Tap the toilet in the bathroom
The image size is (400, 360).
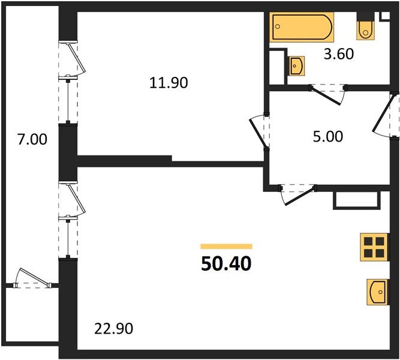click(365, 28)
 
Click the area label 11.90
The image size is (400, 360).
click(169, 83)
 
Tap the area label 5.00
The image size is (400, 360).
click(329, 137)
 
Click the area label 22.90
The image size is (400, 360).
click(113, 329)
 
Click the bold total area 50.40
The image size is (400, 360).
click(226, 263)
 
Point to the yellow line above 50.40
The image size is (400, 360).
click(226, 246)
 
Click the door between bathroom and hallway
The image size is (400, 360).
click(328, 93)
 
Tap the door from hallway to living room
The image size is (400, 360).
click(298, 193)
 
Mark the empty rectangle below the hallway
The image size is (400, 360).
click(356, 200)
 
